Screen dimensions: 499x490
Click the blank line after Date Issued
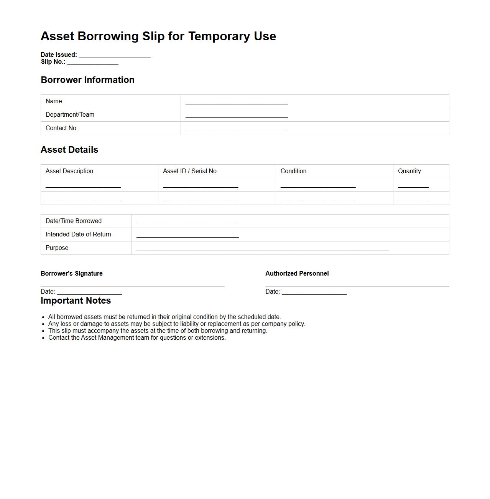[x=115, y=56]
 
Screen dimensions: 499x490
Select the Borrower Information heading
[x=87, y=80]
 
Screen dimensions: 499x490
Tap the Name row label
[x=54, y=101]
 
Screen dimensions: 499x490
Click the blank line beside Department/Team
[x=237, y=116]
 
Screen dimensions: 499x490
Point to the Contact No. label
[x=62, y=128]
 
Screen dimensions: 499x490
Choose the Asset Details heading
[x=69, y=150]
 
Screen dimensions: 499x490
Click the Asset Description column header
[x=69, y=171]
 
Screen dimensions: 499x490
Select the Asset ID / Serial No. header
[x=191, y=171]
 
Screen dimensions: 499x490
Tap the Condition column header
[x=293, y=171]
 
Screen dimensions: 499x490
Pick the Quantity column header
[x=409, y=171]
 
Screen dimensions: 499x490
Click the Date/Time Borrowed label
[x=74, y=221]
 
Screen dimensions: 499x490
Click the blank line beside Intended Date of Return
[x=187, y=235]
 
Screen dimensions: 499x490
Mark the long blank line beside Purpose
[x=263, y=249]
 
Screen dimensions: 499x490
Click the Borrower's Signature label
[x=72, y=274]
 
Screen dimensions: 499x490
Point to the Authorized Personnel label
[x=297, y=274]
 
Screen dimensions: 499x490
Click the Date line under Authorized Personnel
[x=314, y=293]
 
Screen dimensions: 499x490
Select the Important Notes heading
[x=76, y=301]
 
